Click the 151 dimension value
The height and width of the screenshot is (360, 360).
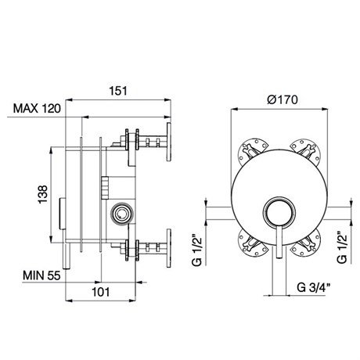118,91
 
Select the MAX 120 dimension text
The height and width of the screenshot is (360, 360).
37,109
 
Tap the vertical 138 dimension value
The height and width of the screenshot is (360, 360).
43,194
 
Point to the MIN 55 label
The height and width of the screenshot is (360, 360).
41,275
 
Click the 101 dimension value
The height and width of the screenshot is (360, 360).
101,292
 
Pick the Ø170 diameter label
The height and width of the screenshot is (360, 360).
283,99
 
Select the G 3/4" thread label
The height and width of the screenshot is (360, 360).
314,287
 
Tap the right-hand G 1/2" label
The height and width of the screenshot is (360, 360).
342,247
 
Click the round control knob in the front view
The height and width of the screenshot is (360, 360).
279,212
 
